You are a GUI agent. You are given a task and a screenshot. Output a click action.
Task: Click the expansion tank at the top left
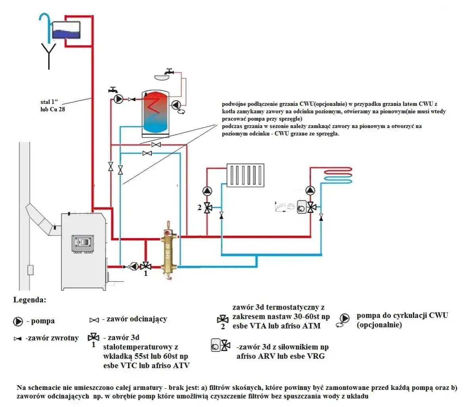[x=66, y=30]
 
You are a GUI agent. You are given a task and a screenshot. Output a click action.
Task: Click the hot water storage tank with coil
[x=155, y=113]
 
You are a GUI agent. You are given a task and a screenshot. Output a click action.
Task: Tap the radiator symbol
[x=245, y=174]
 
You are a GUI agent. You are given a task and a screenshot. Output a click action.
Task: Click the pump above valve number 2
[x=207, y=191]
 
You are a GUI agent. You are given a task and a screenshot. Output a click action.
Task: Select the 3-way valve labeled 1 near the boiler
[x=146, y=266]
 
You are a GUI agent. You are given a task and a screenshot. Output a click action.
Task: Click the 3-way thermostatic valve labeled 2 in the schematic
[x=207, y=207]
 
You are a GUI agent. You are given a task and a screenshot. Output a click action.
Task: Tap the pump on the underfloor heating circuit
[x=311, y=191]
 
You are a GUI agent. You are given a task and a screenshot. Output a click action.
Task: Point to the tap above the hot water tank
[x=170, y=72]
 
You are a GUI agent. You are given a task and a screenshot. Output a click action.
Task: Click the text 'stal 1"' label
[x=49, y=102]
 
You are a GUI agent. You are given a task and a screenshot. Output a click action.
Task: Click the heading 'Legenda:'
[x=30, y=300]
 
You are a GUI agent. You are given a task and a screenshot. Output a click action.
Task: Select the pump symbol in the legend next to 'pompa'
[x=18, y=321]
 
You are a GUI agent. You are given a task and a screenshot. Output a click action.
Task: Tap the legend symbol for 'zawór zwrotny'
[x=17, y=339]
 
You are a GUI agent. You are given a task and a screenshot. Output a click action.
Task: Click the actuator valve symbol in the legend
[x=220, y=346]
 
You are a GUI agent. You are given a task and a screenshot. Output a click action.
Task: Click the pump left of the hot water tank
[x=118, y=99]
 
